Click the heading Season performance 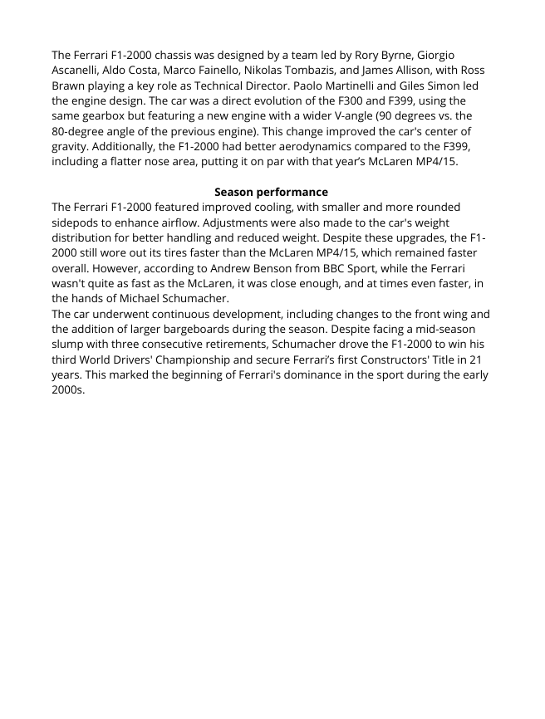271,192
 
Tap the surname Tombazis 311,71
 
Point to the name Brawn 70,86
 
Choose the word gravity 71,147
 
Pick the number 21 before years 475,359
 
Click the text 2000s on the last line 68,390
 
